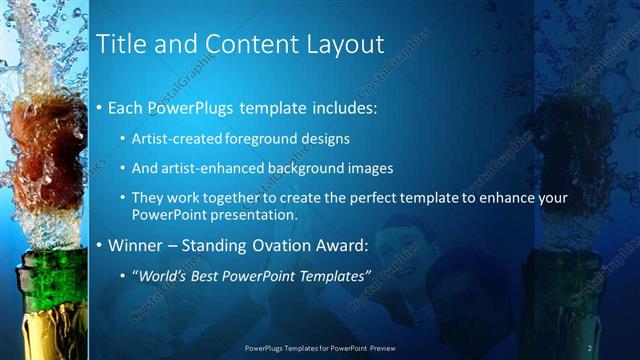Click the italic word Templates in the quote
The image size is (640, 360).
[x=333, y=273]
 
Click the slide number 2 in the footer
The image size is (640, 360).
[x=590, y=347]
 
